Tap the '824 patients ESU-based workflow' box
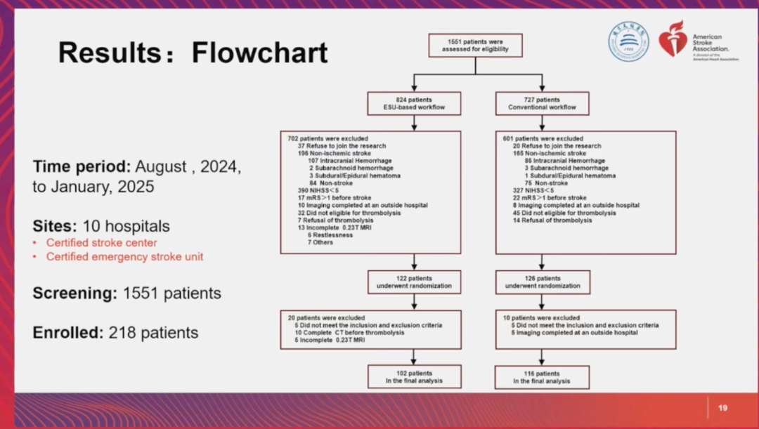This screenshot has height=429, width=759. point(414,104)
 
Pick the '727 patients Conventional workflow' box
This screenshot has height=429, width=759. point(541,104)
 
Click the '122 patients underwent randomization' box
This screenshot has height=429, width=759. point(414,282)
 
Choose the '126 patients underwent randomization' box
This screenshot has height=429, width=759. point(541,282)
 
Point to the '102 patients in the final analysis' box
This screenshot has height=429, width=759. point(414,377)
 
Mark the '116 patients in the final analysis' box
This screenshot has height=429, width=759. point(541,377)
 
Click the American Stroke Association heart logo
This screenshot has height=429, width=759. point(672,39)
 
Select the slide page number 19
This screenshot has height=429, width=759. point(722,408)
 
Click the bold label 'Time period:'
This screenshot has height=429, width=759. point(82,168)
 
